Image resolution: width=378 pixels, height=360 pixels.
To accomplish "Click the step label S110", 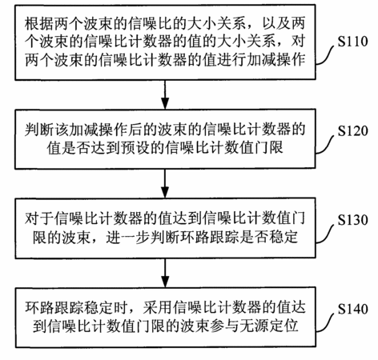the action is click(x=352, y=42).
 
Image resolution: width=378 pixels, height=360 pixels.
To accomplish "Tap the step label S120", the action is click(x=352, y=130).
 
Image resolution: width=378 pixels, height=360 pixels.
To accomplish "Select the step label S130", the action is click(x=352, y=220).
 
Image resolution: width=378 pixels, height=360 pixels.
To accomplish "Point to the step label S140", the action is click(x=352, y=309).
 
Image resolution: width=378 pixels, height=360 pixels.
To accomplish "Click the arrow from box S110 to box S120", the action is click(x=165, y=94).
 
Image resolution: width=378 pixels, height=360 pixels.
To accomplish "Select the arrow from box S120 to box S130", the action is click(x=165, y=183).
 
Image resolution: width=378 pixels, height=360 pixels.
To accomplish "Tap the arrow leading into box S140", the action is click(x=165, y=273).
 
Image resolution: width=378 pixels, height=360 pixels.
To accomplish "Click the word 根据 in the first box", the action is click(x=39, y=23).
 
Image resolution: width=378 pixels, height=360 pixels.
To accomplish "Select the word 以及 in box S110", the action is click(x=276, y=23).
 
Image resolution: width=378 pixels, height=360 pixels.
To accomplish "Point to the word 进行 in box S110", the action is click(x=231, y=59).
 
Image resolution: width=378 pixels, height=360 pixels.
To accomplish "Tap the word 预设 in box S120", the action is click(x=135, y=147).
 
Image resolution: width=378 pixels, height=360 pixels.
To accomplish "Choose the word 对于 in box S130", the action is click(x=39, y=218).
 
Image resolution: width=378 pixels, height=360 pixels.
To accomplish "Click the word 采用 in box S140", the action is click(x=158, y=308).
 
